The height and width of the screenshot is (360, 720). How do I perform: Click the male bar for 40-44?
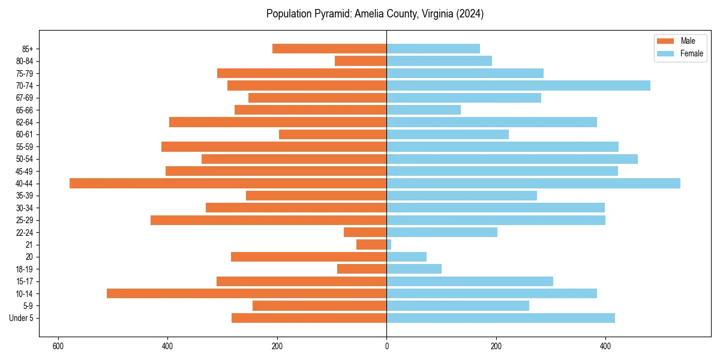[228, 184]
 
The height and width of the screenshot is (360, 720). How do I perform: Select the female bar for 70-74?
[518, 86]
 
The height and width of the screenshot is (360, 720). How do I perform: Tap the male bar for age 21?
[371, 245]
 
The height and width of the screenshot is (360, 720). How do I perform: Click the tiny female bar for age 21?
[389, 245]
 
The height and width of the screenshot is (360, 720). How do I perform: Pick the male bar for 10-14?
[247, 293]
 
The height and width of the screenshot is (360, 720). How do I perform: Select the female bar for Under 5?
[500, 318]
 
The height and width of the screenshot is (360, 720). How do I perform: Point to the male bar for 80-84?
[361, 61]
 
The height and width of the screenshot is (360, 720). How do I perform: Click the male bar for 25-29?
[268, 220]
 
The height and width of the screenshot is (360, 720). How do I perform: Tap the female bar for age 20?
[406, 257]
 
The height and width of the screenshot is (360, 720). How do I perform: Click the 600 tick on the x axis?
[58, 346]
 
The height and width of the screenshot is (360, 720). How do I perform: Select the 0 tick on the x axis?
[386, 346]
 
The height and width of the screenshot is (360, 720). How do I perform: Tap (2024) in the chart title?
[470, 14]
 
